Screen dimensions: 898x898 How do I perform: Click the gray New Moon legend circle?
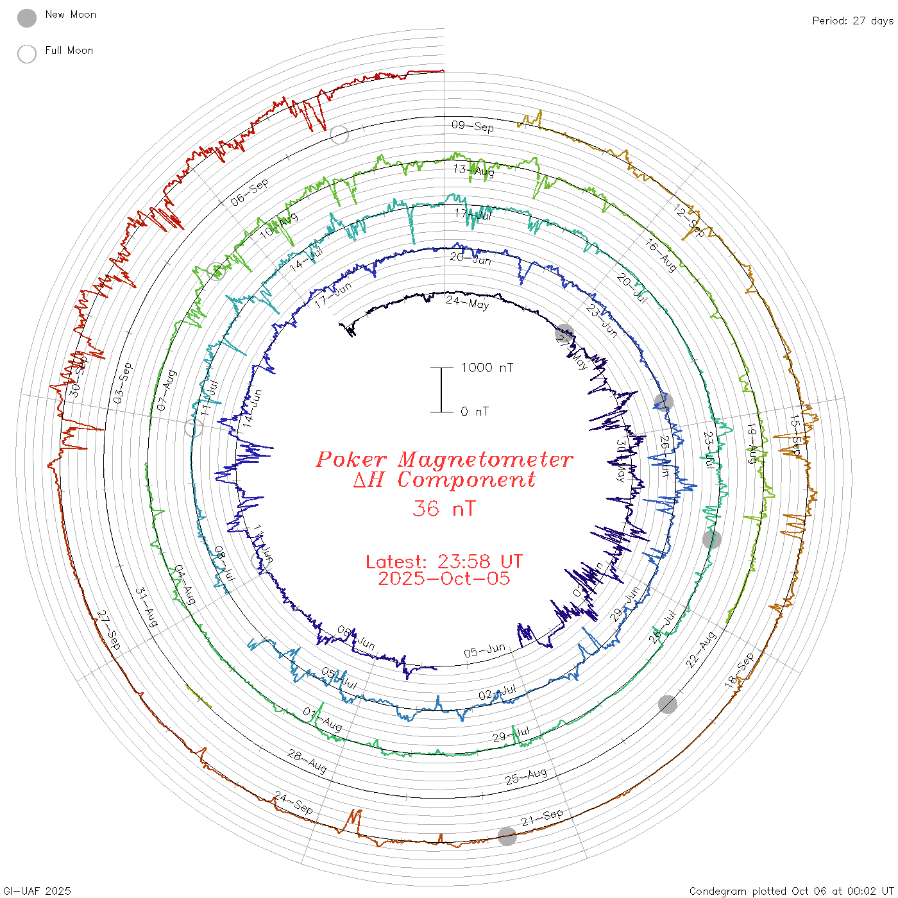pyautogui.click(x=27, y=19)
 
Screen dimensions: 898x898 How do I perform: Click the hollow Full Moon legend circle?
pyautogui.click(x=27, y=54)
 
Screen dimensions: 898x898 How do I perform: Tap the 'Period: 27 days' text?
pyautogui.click(x=852, y=21)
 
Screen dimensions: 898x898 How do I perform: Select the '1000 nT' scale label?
pyautogui.click(x=487, y=368)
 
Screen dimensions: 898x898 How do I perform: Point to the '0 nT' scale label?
pyautogui.click(x=474, y=412)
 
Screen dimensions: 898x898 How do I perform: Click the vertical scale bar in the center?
pyautogui.click(x=441, y=390)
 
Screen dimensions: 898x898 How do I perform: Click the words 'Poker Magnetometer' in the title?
pyautogui.click(x=444, y=459)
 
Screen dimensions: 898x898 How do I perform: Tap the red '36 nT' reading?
pyautogui.click(x=444, y=509)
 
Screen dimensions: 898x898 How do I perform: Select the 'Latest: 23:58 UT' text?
pyautogui.click(x=444, y=561)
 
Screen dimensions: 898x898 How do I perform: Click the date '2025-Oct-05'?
pyautogui.click(x=444, y=579)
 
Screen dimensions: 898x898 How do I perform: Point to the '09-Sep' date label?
pyautogui.click(x=473, y=126)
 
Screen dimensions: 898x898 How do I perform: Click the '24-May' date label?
pyautogui.click(x=467, y=303)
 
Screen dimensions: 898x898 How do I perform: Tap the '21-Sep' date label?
pyautogui.click(x=542, y=817)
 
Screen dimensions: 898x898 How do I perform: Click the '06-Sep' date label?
pyautogui.click(x=250, y=192)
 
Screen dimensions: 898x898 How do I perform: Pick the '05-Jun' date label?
pyautogui.click(x=484, y=651)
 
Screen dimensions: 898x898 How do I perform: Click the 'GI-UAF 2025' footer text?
pyautogui.click(x=37, y=891)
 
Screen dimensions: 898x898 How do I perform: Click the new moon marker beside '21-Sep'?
pyautogui.click(x=507, y=836)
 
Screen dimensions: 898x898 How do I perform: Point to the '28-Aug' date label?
pyautogui.click(x=307, y=761)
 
